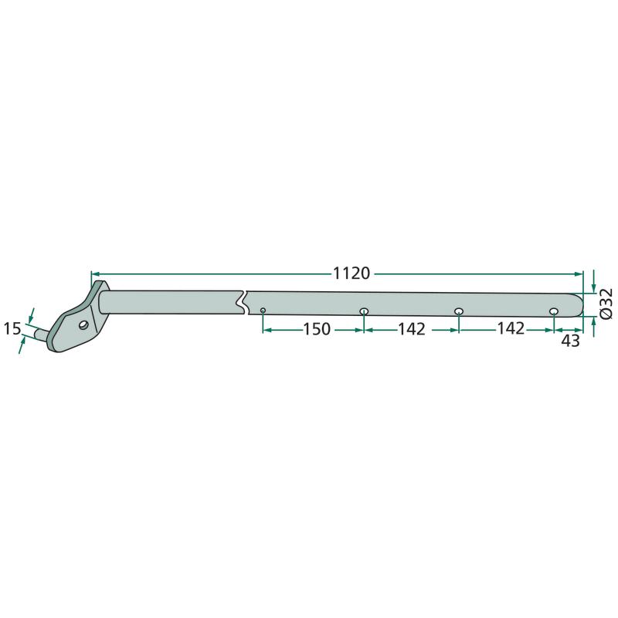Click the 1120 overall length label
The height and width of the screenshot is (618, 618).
[x=351, y=273]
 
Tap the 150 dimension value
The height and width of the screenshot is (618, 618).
[x=317, y=329]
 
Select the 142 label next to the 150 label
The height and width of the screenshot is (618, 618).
[x=412, y=329]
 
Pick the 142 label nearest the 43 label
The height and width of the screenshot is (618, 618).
[x=511, y=328]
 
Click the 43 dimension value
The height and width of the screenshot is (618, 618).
[x=570, y=341]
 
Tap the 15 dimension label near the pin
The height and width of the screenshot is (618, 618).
[x=12, y=328]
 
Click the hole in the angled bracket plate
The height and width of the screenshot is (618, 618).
[x=83, y=325]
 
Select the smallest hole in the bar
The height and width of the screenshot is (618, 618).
[x=263, y=311]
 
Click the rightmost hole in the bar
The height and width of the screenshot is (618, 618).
[x=554, y=312]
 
